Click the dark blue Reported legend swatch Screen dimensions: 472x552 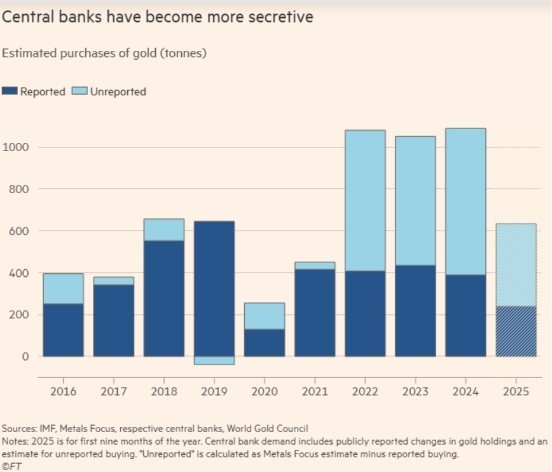tap(10, 91)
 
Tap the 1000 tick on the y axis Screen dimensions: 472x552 tap(16, 147)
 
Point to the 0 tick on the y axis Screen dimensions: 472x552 tap(25, 356)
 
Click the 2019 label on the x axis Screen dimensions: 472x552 tap(214, 391)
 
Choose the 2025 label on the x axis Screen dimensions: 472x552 tap(516, 391)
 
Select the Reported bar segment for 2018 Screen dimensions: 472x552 tap(164, 299)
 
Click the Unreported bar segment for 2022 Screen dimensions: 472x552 tap(365, 201)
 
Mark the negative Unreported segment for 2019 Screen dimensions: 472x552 tap(214, 360)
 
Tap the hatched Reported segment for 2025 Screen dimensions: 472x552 tap(516, 331)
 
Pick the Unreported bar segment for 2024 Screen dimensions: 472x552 tap(466, 201)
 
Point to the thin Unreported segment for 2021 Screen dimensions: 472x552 tap(315, 266)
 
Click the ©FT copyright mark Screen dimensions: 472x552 tap(11, 466)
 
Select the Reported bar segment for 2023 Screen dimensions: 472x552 tap(415, 311)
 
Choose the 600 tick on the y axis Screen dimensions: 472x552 tap(18, 231)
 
